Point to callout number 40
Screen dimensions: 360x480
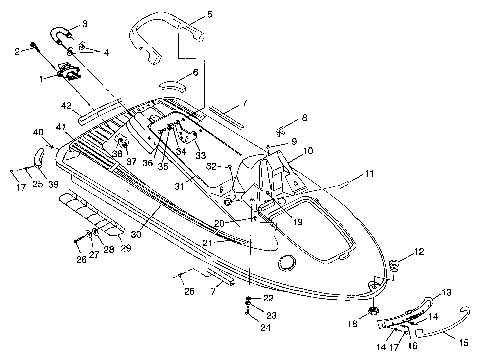coord(38,132)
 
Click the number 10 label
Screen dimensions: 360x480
coord(309,151)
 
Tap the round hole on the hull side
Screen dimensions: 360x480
coord(288,262)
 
